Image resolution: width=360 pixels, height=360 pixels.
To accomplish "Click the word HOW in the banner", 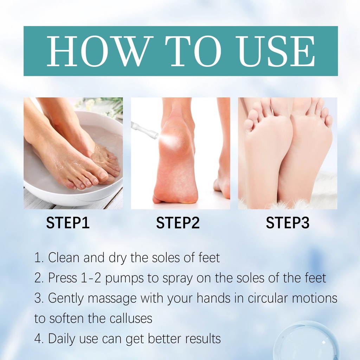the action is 97,51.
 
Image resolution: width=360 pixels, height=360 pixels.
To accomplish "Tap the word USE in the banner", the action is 276,51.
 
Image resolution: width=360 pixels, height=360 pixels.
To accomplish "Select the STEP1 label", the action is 68,223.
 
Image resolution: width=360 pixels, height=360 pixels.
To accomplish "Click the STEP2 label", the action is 178,223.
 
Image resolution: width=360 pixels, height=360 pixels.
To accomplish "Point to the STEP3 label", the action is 288,223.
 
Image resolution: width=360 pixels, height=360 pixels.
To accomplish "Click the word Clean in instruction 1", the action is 64,257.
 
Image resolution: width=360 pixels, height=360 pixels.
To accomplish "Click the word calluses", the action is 131,318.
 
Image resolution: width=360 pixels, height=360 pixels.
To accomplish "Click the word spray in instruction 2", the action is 178,278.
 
